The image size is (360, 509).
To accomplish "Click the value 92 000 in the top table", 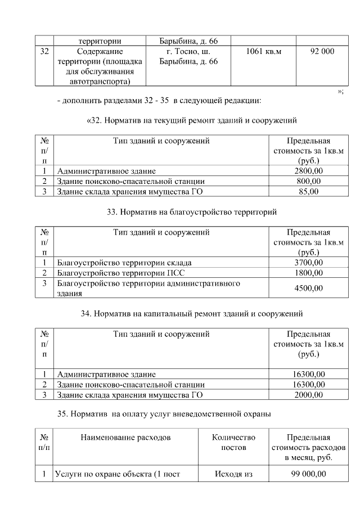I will pos(322,52).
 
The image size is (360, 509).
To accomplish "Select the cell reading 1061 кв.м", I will pos(263,52).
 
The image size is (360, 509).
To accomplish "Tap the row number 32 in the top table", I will pos(44,52).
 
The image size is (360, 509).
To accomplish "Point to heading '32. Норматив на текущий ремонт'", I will pos(191,120).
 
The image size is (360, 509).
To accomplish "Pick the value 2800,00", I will pos(308,171).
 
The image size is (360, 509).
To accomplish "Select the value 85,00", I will pos(308,192).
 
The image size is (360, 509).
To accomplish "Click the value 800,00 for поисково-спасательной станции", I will pos(308,182).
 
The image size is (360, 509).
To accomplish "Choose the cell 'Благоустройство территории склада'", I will pos(124,263).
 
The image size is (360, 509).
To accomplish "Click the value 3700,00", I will pos(308,263).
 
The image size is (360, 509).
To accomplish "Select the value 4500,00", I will pos(308,289).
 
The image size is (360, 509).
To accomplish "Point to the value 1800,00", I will pos(308,273).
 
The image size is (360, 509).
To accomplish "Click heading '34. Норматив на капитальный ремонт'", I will pos(191,313).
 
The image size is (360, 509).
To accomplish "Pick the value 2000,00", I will pos(308,395).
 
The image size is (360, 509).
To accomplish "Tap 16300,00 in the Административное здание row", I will pos(308,374).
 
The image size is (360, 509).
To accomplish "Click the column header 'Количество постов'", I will pos(233,443).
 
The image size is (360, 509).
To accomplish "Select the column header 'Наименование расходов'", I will pos(127,438).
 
